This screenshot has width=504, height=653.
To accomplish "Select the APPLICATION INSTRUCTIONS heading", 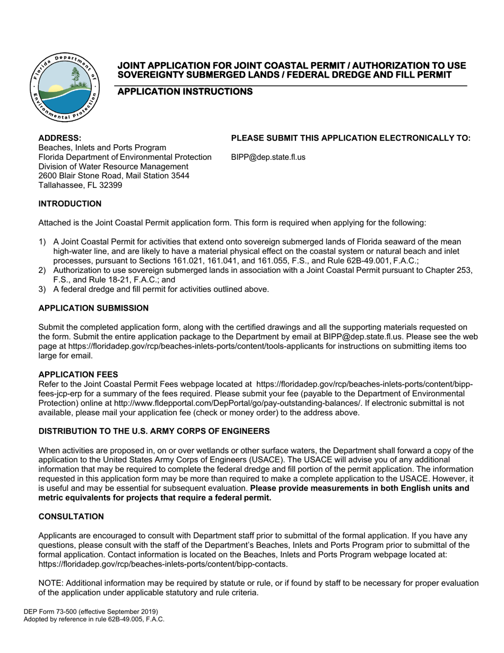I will tap(185, 92).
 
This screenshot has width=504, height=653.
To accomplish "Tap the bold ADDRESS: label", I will tap(60, 138).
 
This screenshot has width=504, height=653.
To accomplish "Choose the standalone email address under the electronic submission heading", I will tap(268, 157).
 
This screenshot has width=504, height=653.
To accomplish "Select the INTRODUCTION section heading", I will tap(69, 204).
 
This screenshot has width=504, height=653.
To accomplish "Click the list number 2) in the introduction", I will tap(42, 270).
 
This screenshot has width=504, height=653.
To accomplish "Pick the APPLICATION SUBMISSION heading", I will tap(93, 308).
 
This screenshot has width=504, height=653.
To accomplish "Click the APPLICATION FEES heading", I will tap(78, 375).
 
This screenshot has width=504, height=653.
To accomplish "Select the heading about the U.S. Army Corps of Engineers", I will tap(154, 431).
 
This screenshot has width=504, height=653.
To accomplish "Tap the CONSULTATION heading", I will tap(71, 517).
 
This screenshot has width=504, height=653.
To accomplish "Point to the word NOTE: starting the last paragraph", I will tap(51, 583).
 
